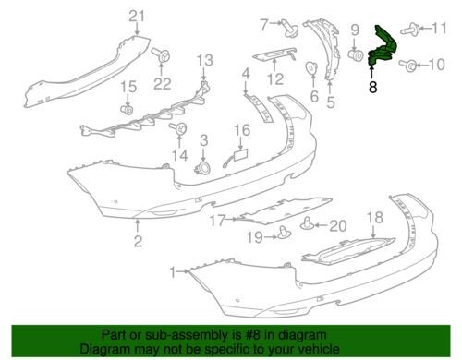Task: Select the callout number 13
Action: point(203,60)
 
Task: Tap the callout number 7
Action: point(237,22)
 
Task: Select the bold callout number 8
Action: point(372,89)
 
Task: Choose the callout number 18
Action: point(374,217)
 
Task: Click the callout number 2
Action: point(138,242)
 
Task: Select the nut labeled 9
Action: point(357,57)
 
